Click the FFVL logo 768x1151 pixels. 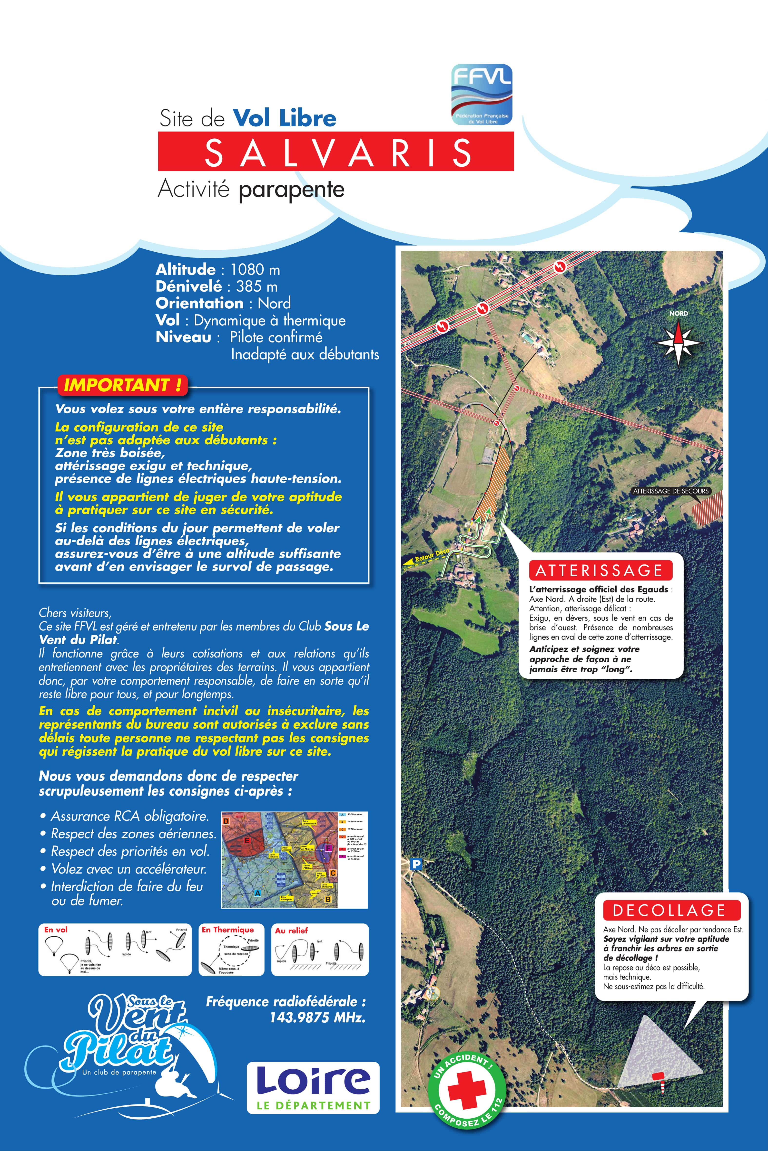482,95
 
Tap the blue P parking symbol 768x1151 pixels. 416,865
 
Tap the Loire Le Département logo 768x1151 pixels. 313,1087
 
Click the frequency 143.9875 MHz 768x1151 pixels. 317,1018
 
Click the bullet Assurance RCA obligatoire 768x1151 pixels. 130,816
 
